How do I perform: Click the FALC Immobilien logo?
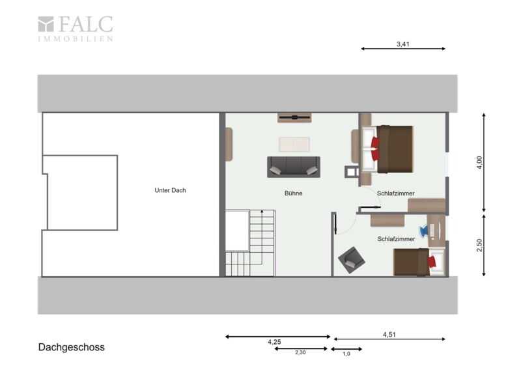click(x=76, y=29)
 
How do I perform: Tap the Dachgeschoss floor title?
click(x=72, y=347)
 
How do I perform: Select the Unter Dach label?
click(x=170, y=190)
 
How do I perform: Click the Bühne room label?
click(x=294, y=193)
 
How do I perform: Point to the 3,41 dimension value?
click(x=402, y=44)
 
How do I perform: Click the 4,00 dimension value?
click(x=479, y=163)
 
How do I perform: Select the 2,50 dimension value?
click(x=479, y=246)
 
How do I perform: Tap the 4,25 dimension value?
click(x=274, y=342)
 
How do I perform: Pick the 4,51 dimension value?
click(x=389, y=334)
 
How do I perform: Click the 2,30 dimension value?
click(x=300, y=353)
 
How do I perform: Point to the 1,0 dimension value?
click(x=346, y=354)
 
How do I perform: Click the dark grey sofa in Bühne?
click(x=294, y=167)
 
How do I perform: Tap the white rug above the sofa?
click(x=294, y=145)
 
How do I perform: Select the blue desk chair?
click(x=425, y=231)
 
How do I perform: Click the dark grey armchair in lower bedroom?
click(x=352, y=260)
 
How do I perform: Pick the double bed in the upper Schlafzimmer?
click(x=387, y=149)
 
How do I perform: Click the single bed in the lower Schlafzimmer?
click(x=419, y=262)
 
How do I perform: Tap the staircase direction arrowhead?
click(x=262, y=212)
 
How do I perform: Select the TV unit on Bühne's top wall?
click(x=294, y=118)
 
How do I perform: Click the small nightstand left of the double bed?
click(x=352, y=171)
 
